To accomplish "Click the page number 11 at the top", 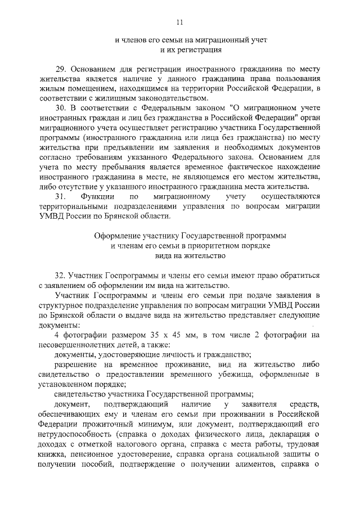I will point(179,22).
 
